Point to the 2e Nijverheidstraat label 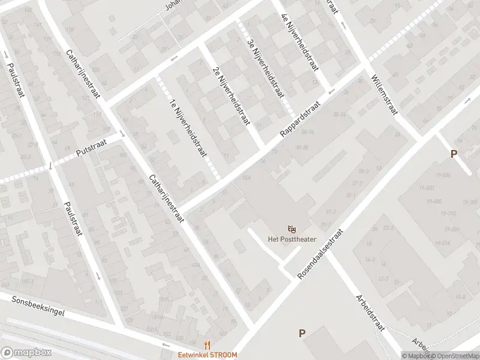pos(230,95)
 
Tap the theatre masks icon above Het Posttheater pos(292,229)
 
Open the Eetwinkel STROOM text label pos(207,355)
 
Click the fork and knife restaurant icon pos(207,344)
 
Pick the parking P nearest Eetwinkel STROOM pos(302,334)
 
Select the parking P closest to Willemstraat pos(454,154)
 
